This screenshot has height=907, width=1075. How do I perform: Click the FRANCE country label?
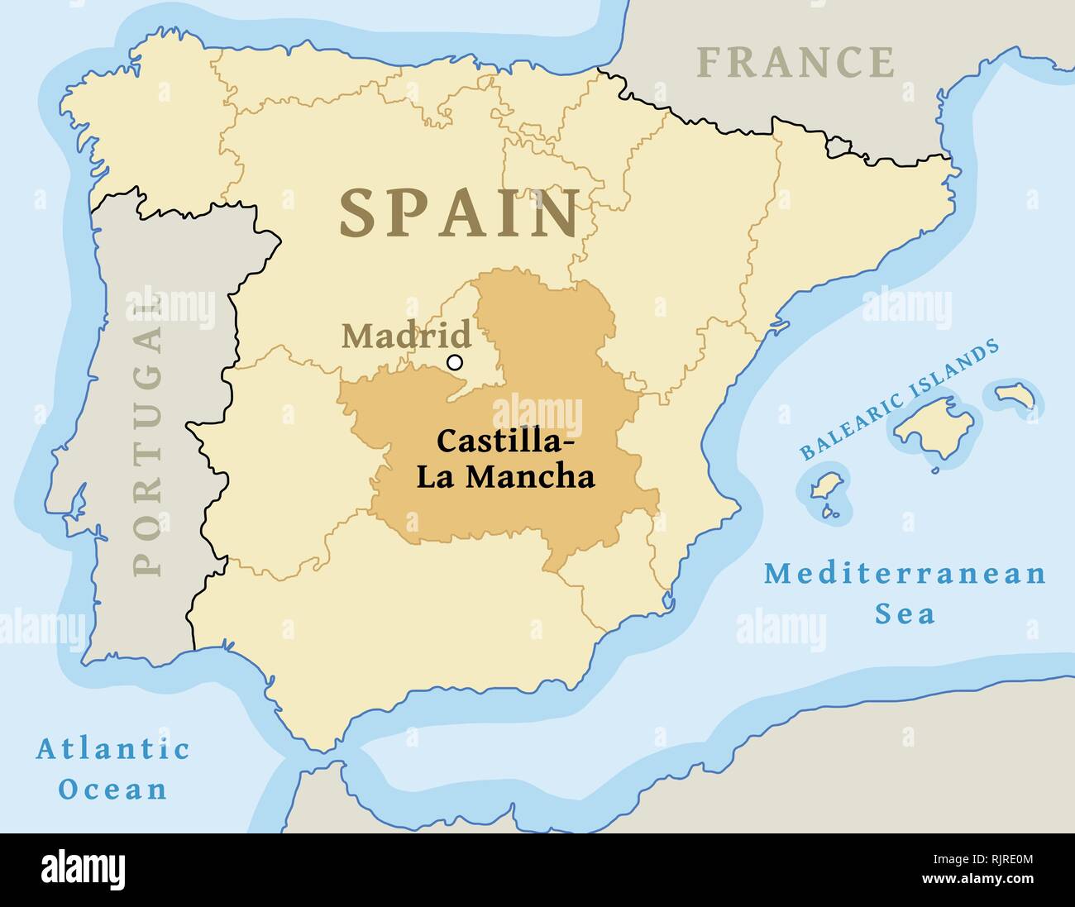(x=795, y=62)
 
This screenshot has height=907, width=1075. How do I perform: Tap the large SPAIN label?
(x=459, y=213)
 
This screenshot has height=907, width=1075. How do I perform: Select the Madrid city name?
(x=406, y=336)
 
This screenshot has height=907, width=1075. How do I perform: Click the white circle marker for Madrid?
(x=454, y=361)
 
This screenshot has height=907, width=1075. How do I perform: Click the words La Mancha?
(x=505, y=477)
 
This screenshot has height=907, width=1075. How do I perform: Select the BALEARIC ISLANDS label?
(x=900, y=400)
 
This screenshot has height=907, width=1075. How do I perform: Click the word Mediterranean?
(x=905, y=573)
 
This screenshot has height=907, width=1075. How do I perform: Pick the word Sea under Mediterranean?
(x=905, y=613)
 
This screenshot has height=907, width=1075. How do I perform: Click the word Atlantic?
(x=112, y=750)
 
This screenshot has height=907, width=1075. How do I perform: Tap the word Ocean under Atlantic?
(x=112, y=789)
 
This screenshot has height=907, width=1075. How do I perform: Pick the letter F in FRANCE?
(x=709, y=62)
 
